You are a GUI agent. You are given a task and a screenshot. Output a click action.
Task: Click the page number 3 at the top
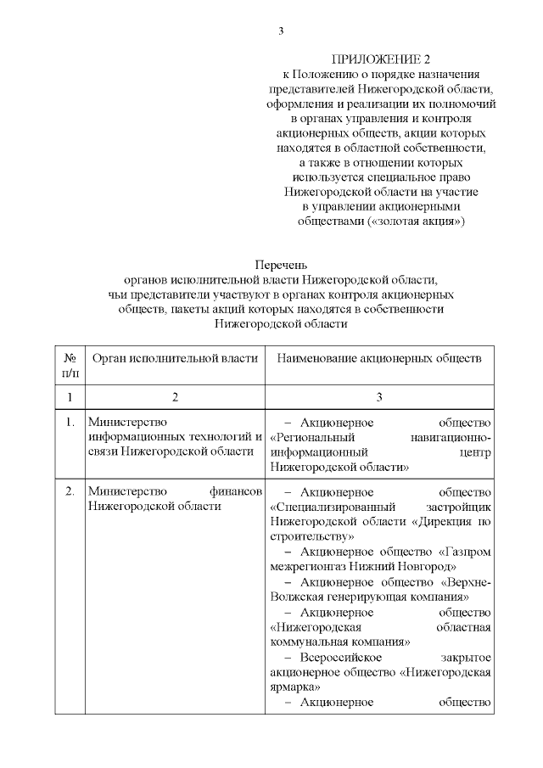281,31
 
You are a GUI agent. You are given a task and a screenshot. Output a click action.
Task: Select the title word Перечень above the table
281,266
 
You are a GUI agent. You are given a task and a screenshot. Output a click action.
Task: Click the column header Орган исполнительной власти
174,358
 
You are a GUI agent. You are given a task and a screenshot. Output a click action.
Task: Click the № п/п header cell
70,366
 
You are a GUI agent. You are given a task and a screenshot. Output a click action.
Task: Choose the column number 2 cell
174,396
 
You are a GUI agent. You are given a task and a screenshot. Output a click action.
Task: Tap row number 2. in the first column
70,492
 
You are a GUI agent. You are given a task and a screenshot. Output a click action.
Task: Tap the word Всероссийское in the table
342,658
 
